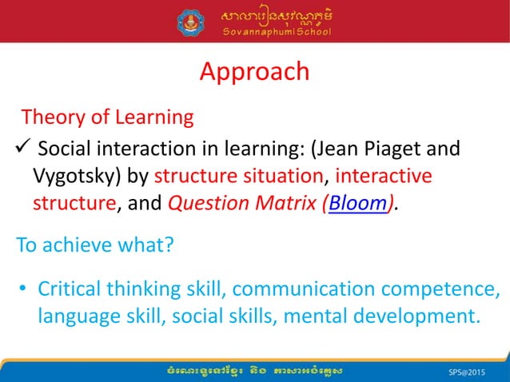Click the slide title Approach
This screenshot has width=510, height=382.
tap(254, 71)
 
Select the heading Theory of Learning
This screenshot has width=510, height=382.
tap(107, 117)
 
